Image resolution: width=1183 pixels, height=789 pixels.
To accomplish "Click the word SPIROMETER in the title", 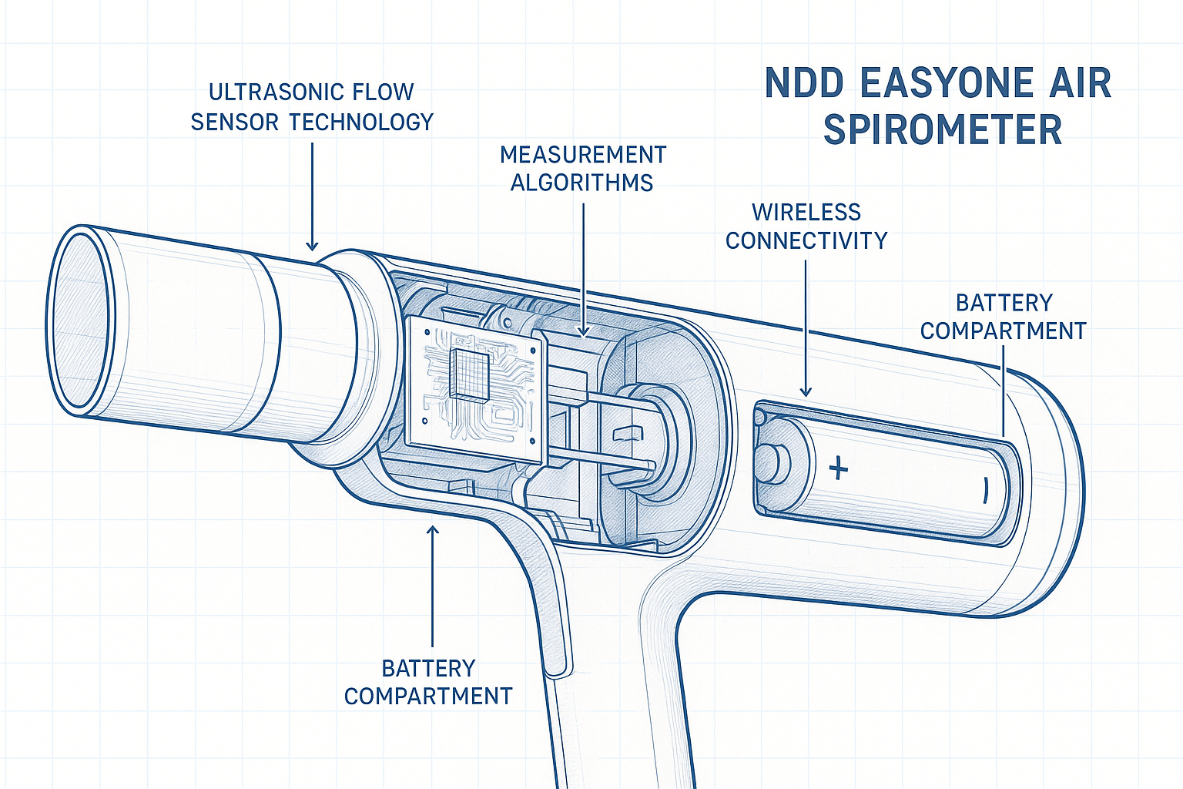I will tap(943, 129).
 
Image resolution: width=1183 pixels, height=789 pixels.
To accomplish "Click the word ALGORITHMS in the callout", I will tap(581, 183).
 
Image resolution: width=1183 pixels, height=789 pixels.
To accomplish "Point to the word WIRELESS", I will tap(806, 212).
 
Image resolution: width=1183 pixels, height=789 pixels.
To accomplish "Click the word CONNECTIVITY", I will tap(806, 240).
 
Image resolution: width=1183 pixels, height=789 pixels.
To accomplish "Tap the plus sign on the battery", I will tap(839, 468).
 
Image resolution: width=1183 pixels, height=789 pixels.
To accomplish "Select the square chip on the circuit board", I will tap(469, 374).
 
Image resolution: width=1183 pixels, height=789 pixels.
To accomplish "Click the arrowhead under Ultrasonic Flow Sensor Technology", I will tap(312, 245).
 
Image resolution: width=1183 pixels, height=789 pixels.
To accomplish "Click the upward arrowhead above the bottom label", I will tap(433, 531).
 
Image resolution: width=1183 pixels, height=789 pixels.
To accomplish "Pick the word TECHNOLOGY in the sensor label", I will tap(361, 122).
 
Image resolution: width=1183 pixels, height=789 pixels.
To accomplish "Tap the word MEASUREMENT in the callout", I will tap(583, 155).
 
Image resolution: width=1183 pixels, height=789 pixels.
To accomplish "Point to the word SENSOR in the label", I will tap(235, 122).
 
